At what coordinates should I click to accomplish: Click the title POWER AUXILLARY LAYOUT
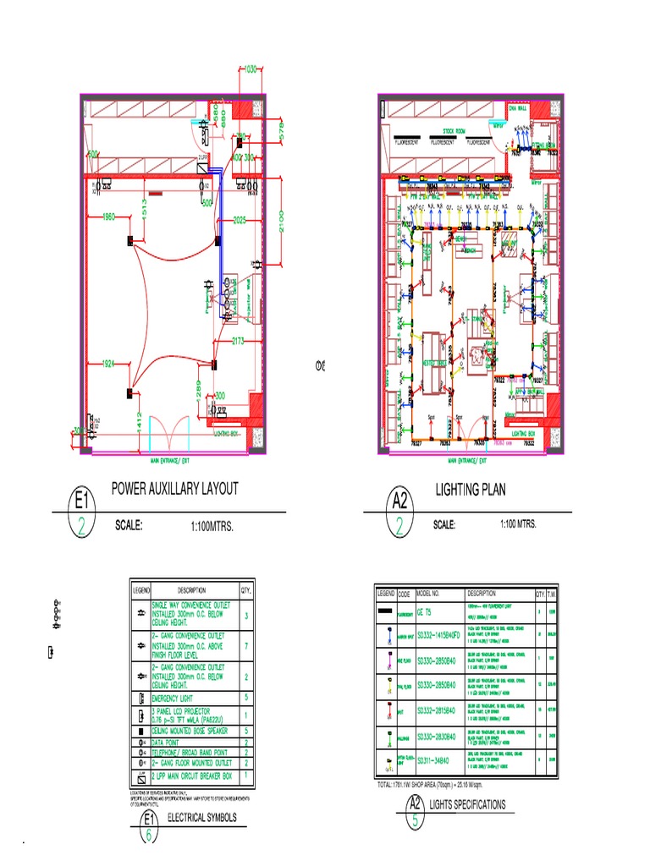[x=174, y=489]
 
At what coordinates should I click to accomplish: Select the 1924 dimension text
[x=106, y=363]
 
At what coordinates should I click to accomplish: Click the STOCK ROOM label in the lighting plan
[x=454, y=132]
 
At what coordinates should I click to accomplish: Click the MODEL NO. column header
[x=433, y=594]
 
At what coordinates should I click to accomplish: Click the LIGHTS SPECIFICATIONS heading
[x=467, y=804]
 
